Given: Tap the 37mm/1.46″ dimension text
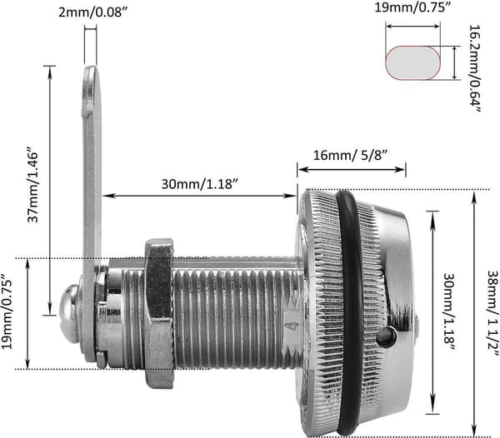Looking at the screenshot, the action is coord(32,185).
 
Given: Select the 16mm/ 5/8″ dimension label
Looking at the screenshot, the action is coord(350,156).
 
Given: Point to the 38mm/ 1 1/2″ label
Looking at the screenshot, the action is coord(493,314).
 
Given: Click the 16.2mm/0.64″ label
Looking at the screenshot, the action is coord(475,68).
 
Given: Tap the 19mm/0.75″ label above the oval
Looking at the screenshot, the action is coord(413,7).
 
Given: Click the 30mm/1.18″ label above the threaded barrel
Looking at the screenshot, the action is coord(200,184).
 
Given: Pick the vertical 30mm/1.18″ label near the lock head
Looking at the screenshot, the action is coord(448,312).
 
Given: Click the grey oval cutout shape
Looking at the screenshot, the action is coord(413,62).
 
